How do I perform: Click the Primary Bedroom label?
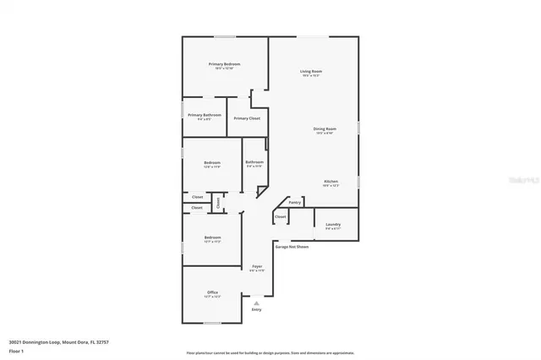tap(225, 64)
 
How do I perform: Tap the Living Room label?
tap(311, 71)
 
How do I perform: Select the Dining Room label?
tap(325, 129)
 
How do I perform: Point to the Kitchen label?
tap(331, 182)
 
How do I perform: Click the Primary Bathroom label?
tap(205, 115)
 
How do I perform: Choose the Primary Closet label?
tap(247, 118)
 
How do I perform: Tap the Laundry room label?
tap(333, 224)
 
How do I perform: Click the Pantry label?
tap(295, 202)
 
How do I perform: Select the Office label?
tap(213, 292)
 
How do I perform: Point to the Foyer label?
tap(257, 266)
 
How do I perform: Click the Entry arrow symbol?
tap(257, 302)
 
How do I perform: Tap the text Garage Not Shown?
tap(292, 246)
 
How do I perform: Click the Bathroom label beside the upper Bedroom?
tap(254, 161)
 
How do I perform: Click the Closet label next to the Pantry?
tap(281, 216)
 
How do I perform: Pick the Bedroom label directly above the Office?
tap(212, 237)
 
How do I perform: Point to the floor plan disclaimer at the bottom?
tap(270, 352)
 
